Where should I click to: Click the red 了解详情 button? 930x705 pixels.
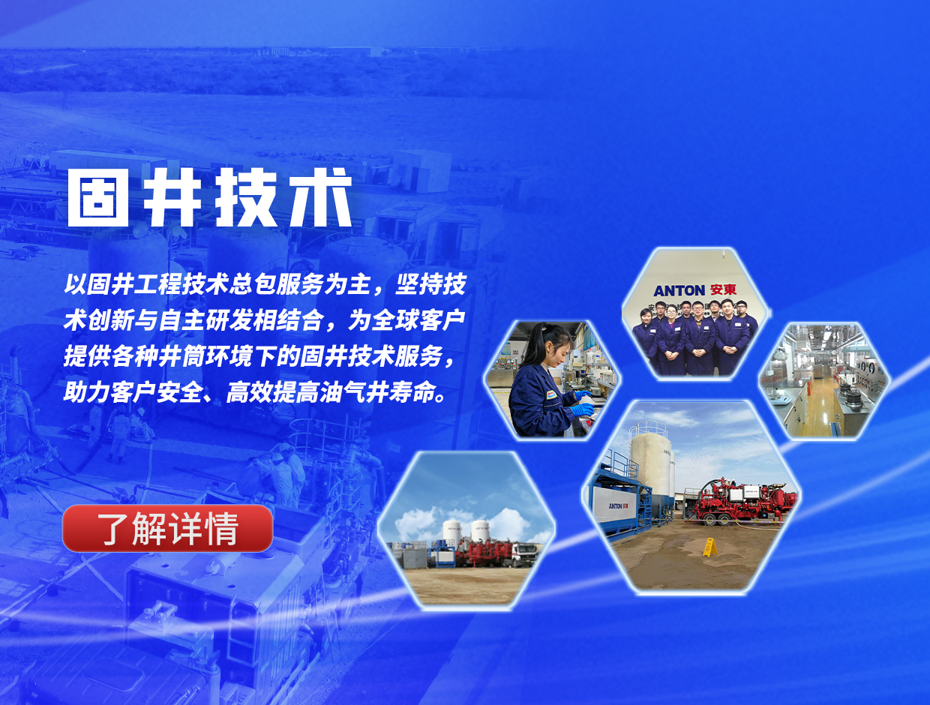pos(167,528)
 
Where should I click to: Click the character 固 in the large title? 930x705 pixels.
pos(97,197)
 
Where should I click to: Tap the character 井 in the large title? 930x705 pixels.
pos(172,197)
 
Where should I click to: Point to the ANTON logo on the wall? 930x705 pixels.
pos(679,291)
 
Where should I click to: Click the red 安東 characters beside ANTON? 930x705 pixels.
pos(723,289)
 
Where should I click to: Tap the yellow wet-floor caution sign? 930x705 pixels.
pos(709,547)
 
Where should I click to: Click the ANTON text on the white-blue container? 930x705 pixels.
pos(615,505)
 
